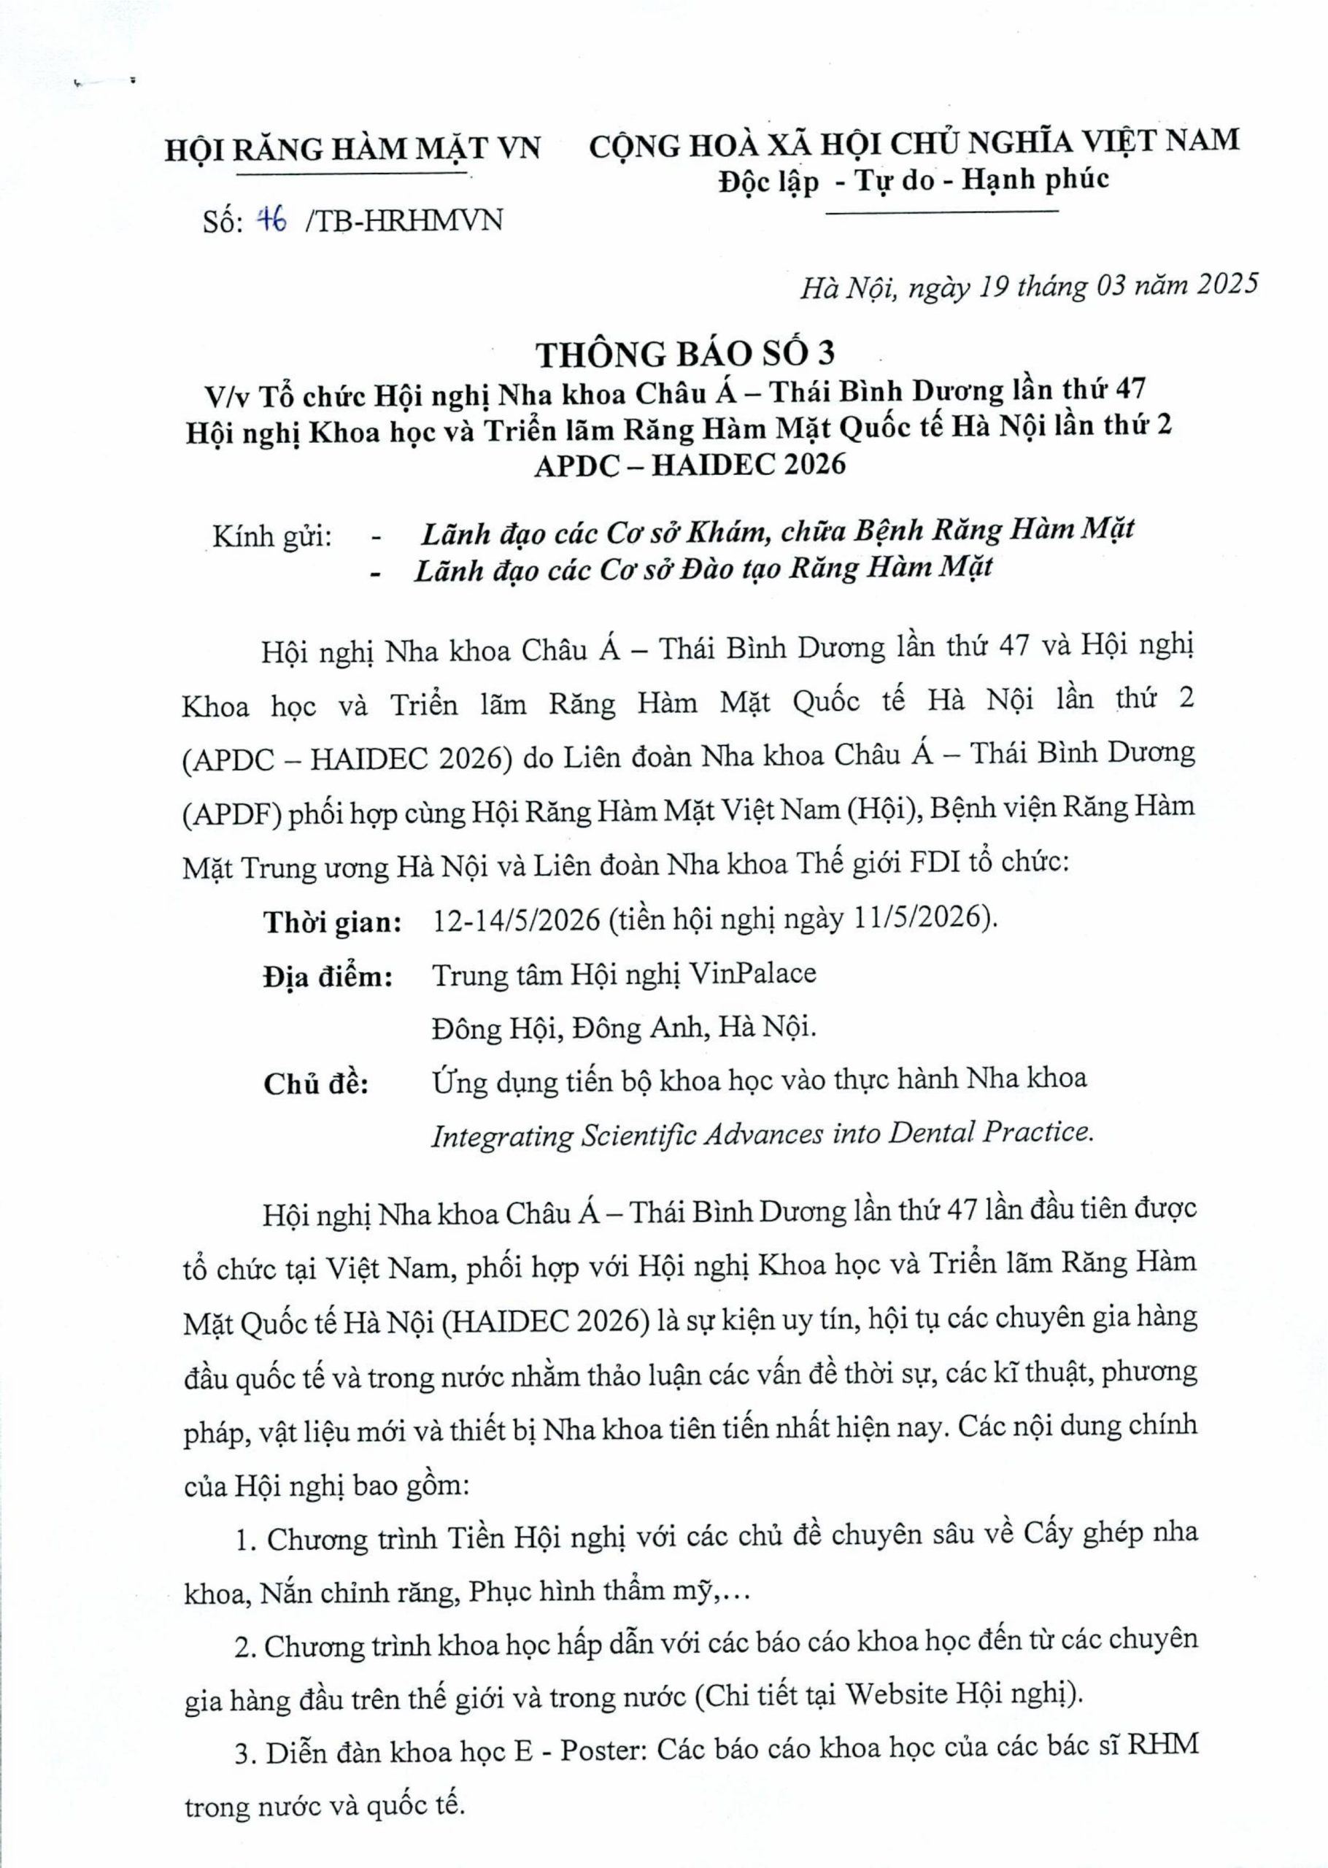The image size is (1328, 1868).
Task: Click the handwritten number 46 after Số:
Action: point(272,220)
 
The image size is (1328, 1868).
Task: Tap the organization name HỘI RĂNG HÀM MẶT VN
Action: point(353,150)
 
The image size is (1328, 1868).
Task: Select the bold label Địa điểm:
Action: point(327,976)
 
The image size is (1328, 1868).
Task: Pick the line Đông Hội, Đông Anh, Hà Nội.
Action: point(624,1027)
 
